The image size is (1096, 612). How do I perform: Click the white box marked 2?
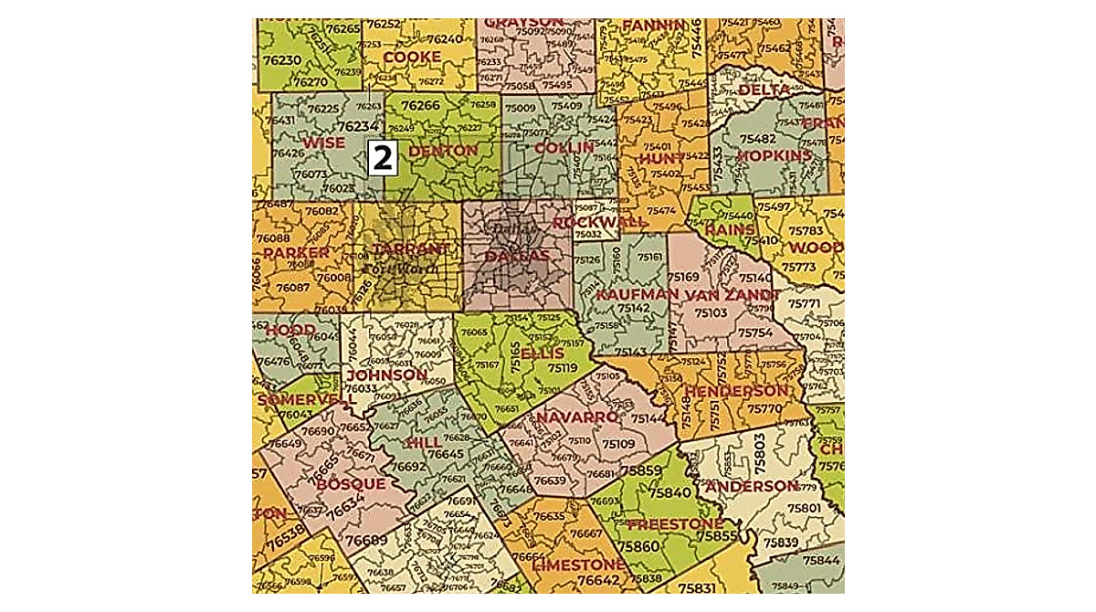382,158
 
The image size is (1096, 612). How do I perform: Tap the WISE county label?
324,143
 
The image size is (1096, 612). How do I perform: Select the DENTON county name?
443,151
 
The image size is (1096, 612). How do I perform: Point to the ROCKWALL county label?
599,222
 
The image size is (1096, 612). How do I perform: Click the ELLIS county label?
543,353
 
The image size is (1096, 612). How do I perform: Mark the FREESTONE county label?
676,524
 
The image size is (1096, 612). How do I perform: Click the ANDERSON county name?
752,486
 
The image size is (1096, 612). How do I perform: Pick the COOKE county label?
411,57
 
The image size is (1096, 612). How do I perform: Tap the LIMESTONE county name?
578,565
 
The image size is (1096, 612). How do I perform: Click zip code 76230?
281,59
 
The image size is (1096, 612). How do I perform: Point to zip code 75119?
562,368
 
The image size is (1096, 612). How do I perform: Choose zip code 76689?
368,540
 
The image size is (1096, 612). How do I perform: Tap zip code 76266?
420,106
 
